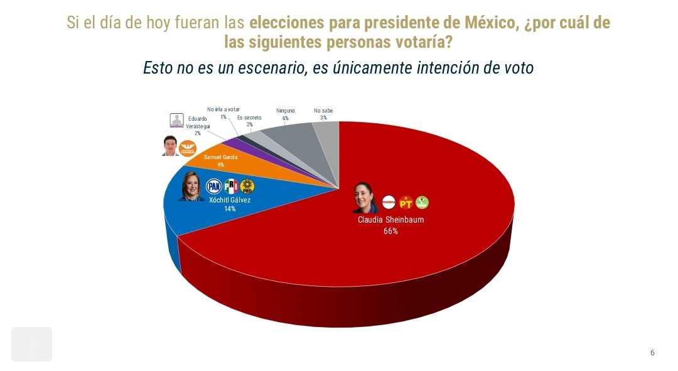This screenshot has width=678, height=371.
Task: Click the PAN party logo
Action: coord(214,186)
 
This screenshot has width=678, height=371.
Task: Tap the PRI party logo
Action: coord(231,186)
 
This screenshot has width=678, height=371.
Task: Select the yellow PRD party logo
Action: coord(248,186)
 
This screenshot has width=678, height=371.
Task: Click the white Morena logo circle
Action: coord(389,202)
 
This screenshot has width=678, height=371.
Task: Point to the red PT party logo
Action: coord(406,202)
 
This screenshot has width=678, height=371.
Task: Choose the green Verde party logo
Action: coord(422,202)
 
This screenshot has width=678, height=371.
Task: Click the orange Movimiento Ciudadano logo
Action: coord(188,149)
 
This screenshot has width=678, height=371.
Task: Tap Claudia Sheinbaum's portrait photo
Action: coord(363,199)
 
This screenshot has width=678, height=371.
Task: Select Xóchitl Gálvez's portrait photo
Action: coord(191,185)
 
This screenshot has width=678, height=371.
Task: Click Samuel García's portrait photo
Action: coord(170,146)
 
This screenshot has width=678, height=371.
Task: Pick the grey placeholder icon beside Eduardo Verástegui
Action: coord(178,121)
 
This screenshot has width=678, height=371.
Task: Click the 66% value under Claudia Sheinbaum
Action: coord(390,231)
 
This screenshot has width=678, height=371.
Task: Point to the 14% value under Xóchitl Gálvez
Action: coord(230,209)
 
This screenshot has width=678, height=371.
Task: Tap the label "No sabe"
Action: coord(323,111)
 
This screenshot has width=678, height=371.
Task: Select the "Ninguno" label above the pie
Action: coord(286,111)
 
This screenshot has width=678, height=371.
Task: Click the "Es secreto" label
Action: coord(249,117)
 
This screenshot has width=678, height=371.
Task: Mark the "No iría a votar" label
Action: coord(223,109)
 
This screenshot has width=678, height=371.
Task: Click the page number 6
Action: coord(652,353)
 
